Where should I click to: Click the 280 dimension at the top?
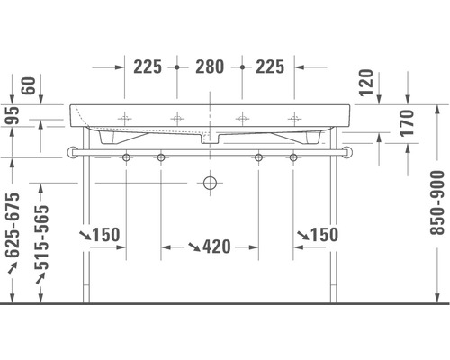click(210, 66)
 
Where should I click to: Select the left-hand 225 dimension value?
click(148, 66)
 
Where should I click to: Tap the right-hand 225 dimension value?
click(269, 66)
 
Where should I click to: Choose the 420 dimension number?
click(217, 247)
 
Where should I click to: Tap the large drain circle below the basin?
click(210, 183)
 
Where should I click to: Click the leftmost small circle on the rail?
click(126, 158)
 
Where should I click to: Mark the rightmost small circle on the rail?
click(293, 158)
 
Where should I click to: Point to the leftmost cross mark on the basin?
click(126, 117)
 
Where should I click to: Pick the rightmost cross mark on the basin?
click(293, 117)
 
